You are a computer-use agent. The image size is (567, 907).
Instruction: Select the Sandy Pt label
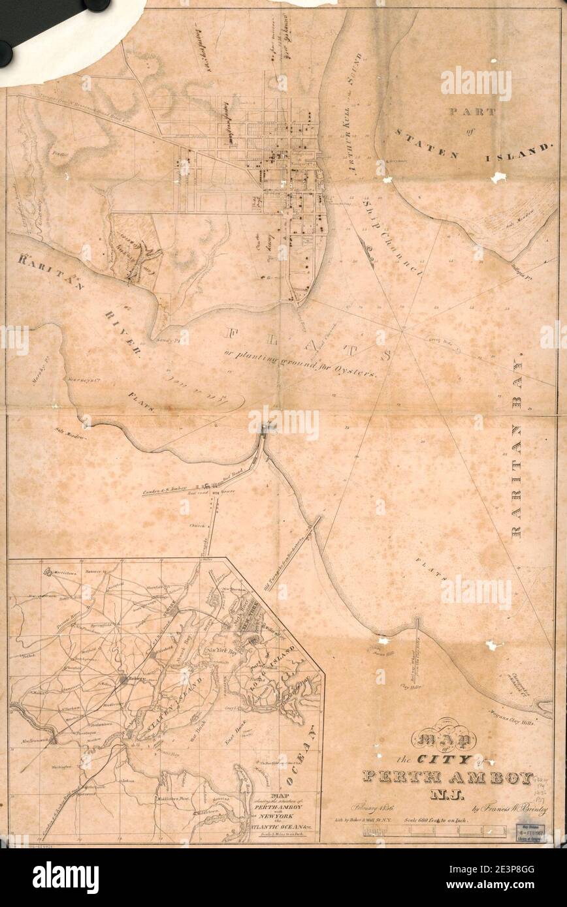tap(171, 339)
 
